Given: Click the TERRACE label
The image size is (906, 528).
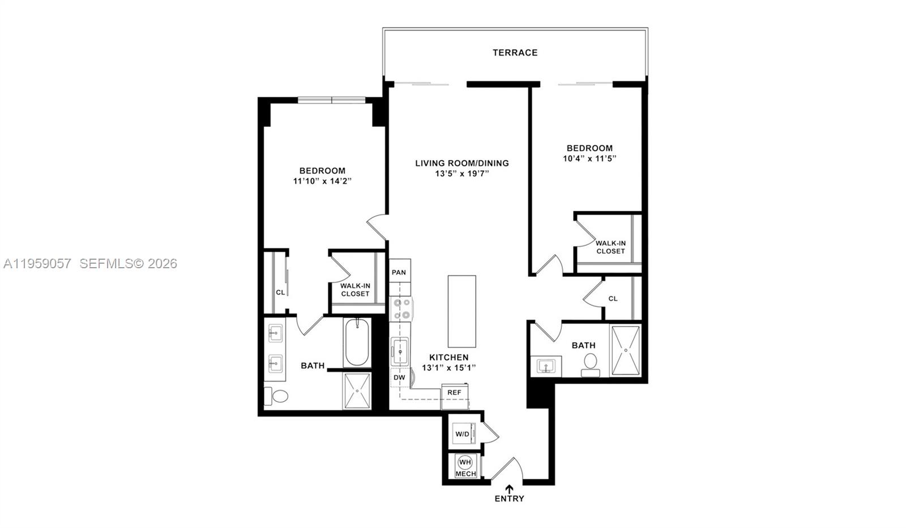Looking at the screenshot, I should click(515, 53).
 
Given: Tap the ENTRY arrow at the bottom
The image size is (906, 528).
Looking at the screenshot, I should click(510, 489).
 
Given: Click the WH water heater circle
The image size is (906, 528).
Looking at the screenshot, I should click(465, 462).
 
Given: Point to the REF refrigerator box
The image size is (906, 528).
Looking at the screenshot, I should click(454, 392).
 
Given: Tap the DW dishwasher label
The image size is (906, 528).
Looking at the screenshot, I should click(399, 377).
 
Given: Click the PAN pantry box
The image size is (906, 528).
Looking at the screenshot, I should click(399, 272).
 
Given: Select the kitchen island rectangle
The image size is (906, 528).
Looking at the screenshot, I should click(461, 311).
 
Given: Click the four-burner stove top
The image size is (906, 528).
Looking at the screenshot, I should click(402, 309).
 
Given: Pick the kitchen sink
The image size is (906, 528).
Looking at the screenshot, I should click(400, 352).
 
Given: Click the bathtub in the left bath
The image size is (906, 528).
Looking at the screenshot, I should click(357, 343).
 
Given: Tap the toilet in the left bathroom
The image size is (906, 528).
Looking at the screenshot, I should click(278, 396).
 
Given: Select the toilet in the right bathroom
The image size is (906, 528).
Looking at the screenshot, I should click(591, 363).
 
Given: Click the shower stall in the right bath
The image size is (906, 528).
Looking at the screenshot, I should click(626, 350).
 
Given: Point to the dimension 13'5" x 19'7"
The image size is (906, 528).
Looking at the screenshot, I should click(461, 174).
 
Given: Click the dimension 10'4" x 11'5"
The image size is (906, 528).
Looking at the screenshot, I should click(589, 159).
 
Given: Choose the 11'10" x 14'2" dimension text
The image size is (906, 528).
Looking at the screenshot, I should click(322, 181).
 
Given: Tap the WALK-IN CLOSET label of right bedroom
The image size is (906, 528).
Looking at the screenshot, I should click(610, 247).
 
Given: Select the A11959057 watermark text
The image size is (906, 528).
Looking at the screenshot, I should click(37, 264).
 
